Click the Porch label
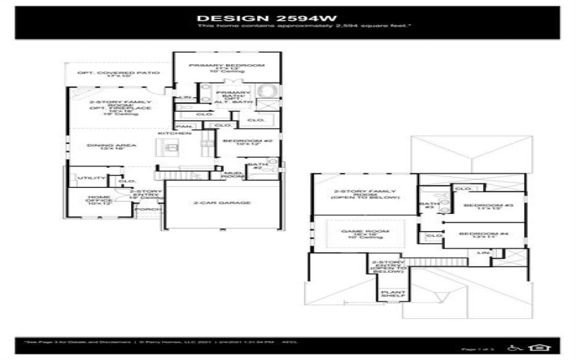tap(149, 210)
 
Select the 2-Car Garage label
tap(222, 203)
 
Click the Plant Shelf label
tap(393, 293)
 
